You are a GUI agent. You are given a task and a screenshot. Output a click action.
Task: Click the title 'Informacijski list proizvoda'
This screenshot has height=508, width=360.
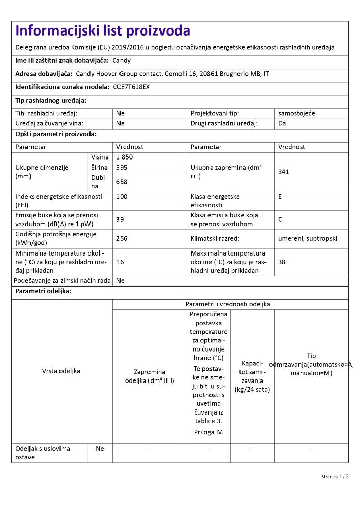coord(103,31)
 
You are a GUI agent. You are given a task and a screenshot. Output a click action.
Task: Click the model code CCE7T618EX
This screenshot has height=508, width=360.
coord(131,87)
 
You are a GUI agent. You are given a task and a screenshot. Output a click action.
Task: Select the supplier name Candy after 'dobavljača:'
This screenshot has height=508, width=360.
coord(122,60)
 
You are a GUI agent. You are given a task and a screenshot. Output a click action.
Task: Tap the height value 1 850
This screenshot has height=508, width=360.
coord(125,157)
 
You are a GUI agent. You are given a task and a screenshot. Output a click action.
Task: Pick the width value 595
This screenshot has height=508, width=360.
coord(122,167)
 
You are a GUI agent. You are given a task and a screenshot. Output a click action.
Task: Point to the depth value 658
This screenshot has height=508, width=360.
coord(122,181)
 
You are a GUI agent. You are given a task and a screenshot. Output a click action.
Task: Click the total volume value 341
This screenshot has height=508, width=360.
coord(284,172)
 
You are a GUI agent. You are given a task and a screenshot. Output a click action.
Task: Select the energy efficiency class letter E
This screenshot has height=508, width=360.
coord(280,196)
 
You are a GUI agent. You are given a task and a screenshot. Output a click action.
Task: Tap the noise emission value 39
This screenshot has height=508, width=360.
coord(121,219)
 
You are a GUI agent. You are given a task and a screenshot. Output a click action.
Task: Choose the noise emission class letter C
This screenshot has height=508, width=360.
coord(280,219)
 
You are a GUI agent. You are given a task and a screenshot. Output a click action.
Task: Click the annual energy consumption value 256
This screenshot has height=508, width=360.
coord(122,238)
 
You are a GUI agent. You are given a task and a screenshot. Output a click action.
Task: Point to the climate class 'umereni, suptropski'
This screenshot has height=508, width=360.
coord(308,238)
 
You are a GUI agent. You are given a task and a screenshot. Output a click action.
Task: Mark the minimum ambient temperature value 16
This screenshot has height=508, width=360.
coord(121,262)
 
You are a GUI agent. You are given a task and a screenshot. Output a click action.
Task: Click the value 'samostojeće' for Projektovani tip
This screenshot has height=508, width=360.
coord(296,113)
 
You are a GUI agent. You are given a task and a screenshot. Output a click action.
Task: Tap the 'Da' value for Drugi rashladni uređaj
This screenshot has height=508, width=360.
coord(282,123)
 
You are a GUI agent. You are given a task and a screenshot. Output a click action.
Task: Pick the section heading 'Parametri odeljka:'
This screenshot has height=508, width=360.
coord(43,291)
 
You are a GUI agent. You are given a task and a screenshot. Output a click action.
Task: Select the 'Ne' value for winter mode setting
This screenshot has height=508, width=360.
coord(121,280)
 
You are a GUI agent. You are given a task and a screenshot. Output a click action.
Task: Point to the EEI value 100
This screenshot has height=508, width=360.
coord(122,196)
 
